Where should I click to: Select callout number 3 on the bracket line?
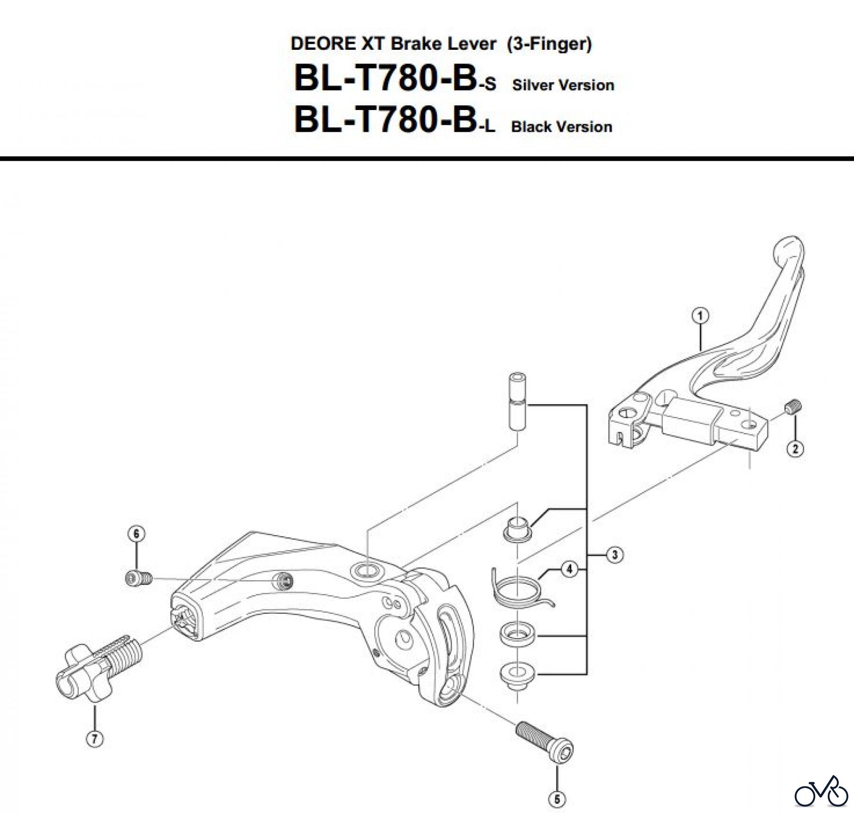(x=614, y=554)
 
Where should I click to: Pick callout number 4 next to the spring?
(x=569, y=569)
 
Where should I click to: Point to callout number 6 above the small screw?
(x=136, y=534)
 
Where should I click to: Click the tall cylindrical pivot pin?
(x=517, y=401)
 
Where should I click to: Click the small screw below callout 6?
(x=138, y=578)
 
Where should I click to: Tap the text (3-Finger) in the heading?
(x=549, y=44)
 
